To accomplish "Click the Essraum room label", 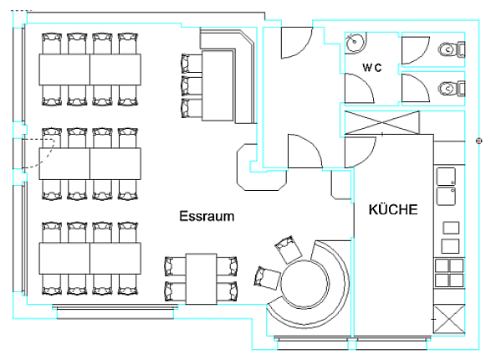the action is point(207,216).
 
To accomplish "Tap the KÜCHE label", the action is point(393,209).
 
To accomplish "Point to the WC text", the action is point(372,67).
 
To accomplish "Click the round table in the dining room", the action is point(305,285).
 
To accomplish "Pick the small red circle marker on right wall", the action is point(478,141).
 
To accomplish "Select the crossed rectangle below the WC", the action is point(381,122).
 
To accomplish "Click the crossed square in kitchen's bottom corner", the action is point(448,319).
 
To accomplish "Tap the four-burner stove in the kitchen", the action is point(449,273).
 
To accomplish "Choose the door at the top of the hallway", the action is point(297,43).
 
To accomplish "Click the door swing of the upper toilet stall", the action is point(416,50).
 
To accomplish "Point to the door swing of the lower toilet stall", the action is point(416,88).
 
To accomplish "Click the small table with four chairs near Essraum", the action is point(201,279).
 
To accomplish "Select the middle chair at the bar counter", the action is point(192,86).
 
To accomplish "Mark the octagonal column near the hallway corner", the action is point(262,167).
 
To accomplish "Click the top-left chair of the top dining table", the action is point(52,44).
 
